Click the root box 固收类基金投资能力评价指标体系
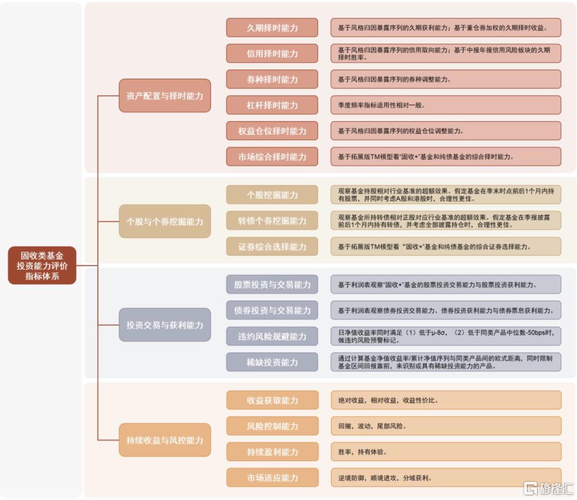click(x=42, y=265)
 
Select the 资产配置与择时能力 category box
click(x=165, y=96)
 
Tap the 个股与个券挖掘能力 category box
click(x=165, y=221)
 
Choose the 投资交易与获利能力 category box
click(x=165, y=325)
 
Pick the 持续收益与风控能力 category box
click(x=165, y=440)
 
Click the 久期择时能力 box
click(x=272, y=28)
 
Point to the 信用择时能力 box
click(x=272, y=53)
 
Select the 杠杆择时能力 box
click(x=272, y=105)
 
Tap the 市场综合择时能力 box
click(x=272, y=157)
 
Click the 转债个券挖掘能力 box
click(x=272, y=220)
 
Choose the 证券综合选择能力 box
click(x=272, y=247)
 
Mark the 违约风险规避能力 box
click(x=272, y=336)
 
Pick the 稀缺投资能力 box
click(x=272, y=362)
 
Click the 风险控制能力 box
click(x=272, y=426)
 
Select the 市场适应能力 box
click(x=272, y=478)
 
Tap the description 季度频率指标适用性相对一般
click(x=381, y=105)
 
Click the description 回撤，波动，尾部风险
click(x=372, y=426)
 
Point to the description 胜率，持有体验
click(x=362, y=452)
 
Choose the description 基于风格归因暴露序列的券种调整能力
click(x=394, y=80)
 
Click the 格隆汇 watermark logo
click(x=548, y=489)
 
